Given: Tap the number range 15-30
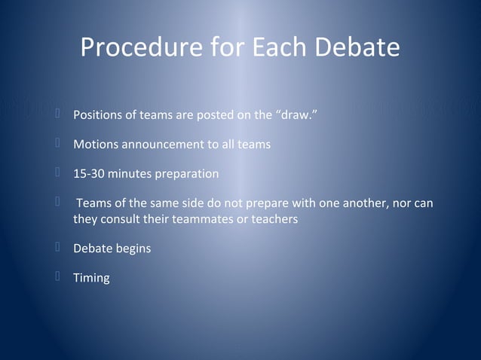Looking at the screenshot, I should [x=88, y=174].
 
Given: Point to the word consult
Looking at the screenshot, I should [x=120, y=218].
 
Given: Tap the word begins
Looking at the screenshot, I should [x=133, y=248].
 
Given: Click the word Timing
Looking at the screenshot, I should [x=91, y=278].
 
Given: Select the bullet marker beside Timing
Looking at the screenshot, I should [x=57, y=276].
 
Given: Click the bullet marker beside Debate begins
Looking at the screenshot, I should [x=57, y=246].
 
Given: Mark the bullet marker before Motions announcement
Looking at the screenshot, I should [x=57, y=143].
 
